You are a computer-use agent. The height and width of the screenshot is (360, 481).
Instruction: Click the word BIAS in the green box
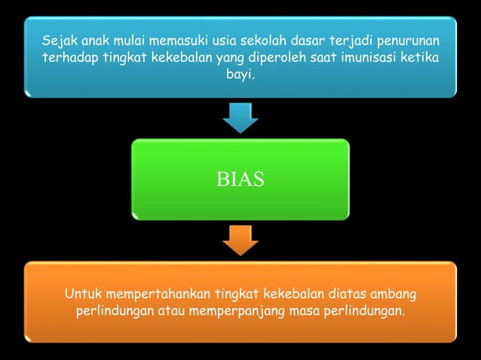click(x=240, y=180)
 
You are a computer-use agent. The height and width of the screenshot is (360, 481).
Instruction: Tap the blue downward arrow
click(x=240, y=117)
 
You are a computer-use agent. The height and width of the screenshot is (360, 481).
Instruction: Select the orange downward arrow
click(x=240, y=239)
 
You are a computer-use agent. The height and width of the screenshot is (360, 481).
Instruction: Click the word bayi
click(x=241, y=76)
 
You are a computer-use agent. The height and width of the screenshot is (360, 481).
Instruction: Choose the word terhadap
click(x=72, y=58)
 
